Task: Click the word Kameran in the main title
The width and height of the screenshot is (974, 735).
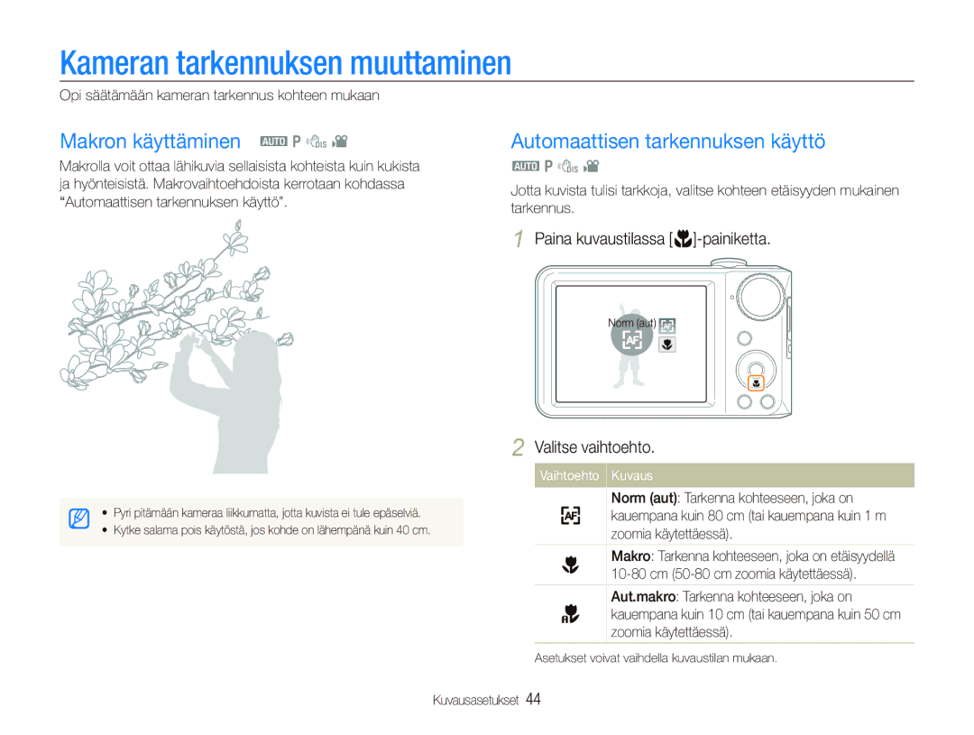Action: [x=115, y=63]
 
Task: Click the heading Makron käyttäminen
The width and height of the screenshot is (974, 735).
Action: [x=151, y=142]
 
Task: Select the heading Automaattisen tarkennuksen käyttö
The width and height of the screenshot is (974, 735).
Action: [x=667, y=142]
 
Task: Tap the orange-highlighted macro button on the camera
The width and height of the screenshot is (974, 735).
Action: [x=756, y=383]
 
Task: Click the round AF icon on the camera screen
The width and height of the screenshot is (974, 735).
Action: [x=631, y=338]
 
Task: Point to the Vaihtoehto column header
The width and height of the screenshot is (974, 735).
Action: [x=569, y=476]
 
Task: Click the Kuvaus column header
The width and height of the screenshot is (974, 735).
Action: [x=631, y=476]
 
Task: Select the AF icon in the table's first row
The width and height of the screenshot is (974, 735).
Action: [x=570, y=516]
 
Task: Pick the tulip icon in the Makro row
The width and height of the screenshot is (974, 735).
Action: [x=570, y=565]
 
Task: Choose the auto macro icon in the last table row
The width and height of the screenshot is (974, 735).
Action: [x=570, y=614]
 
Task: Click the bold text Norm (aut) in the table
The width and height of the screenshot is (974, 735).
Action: [x=644, y=499]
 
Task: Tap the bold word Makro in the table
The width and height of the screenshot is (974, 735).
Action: [x=630, y=556]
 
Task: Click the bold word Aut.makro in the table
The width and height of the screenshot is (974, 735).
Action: [x=643, y=596]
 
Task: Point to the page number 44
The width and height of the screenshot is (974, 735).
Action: [x=533, y=700]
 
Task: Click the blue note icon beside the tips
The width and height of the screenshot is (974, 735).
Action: [x=78, y=519]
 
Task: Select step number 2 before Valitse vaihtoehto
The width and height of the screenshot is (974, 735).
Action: [x=518, y=447]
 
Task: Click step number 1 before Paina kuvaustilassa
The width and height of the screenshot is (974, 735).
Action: [x=519, y=239]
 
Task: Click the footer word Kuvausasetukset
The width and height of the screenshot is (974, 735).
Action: [x=475, y=700]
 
